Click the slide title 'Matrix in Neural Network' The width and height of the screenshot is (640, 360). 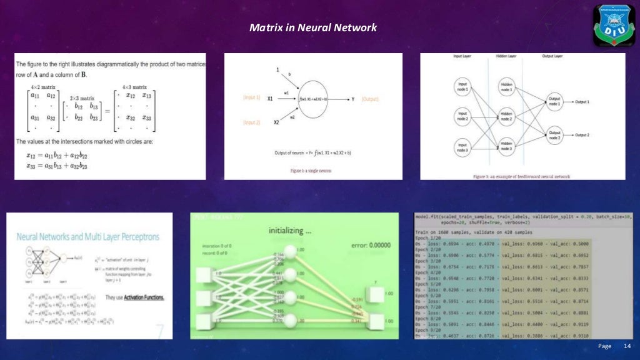point(313,28)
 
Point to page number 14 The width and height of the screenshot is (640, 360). point(627,346)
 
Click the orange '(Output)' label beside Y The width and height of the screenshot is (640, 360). point(369,99)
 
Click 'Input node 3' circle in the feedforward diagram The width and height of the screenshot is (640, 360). point(462,147)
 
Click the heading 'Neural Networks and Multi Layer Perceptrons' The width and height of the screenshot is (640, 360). point(87,237)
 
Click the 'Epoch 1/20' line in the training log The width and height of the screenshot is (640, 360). point(429,238)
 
